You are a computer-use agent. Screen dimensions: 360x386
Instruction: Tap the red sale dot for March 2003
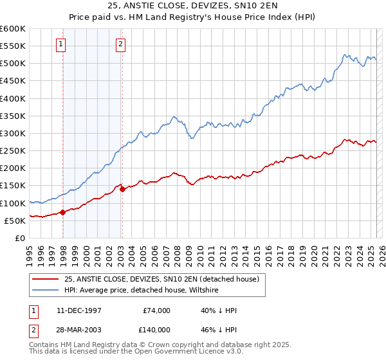click(122, 189)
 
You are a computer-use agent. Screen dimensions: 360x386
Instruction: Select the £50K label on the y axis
click(15, 221)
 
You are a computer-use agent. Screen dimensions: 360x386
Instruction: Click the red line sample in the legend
click(44, 279)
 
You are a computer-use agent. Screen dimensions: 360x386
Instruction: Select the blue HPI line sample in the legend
click(44, 290)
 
